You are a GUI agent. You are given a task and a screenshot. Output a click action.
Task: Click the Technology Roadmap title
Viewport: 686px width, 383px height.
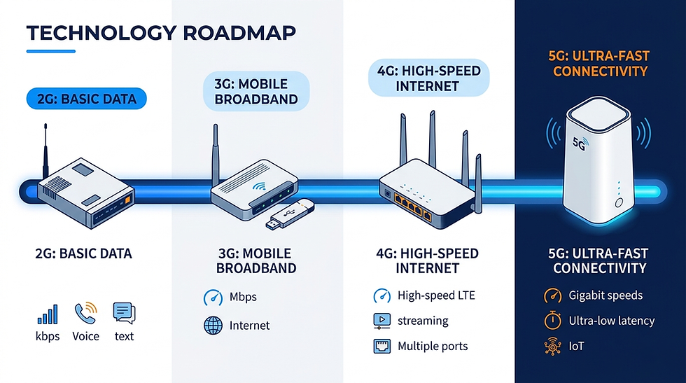click(160, 32)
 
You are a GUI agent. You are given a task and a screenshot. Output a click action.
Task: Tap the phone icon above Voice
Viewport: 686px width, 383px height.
click(85, 312)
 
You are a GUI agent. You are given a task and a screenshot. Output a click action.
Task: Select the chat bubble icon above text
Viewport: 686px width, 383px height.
click(124, 312)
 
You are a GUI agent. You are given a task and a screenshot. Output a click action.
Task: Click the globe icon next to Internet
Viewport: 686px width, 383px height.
click(212, 326)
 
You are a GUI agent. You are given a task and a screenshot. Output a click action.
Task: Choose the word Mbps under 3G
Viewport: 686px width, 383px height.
click(243, 297)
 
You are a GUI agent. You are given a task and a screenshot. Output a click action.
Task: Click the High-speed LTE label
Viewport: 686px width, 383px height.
click(436, 295)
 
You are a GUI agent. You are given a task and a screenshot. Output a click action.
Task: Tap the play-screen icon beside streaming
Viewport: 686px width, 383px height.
click(380, 321)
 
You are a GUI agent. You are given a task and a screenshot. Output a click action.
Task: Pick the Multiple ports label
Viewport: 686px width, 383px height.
click(433, 346)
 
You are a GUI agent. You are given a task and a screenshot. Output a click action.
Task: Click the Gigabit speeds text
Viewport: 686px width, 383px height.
click(605, 295)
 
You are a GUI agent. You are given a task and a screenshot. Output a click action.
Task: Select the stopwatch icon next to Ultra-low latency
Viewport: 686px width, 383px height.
click(553, 321)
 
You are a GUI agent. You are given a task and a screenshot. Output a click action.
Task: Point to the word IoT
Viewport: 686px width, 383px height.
click(577, 346)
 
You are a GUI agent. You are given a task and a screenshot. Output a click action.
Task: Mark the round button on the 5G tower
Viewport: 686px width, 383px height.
click(619, 203)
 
